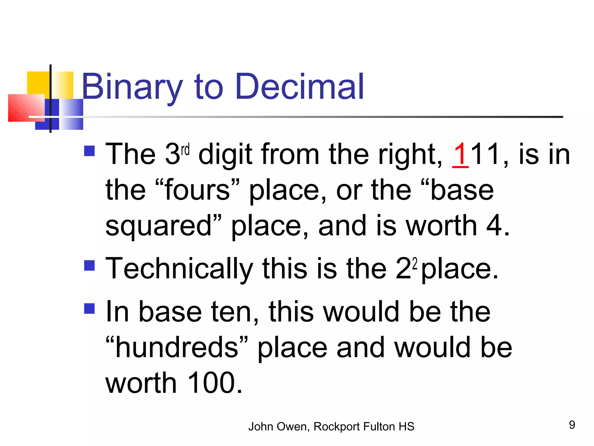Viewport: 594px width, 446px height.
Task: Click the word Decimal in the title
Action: [300, 87]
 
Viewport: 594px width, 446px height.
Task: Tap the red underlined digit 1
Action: [460, 154]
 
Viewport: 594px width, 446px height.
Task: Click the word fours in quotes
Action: [198, 190]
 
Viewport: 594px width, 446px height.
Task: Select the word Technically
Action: [179, 269]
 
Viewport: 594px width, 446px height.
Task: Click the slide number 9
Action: [572, 425]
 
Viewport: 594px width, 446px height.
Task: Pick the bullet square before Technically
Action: [89, 265]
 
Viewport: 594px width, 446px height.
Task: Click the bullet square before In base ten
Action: [89, 308]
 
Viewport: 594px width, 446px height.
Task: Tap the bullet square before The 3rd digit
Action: [89, 151]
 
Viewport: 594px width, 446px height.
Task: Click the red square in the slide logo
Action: [26, 108]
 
